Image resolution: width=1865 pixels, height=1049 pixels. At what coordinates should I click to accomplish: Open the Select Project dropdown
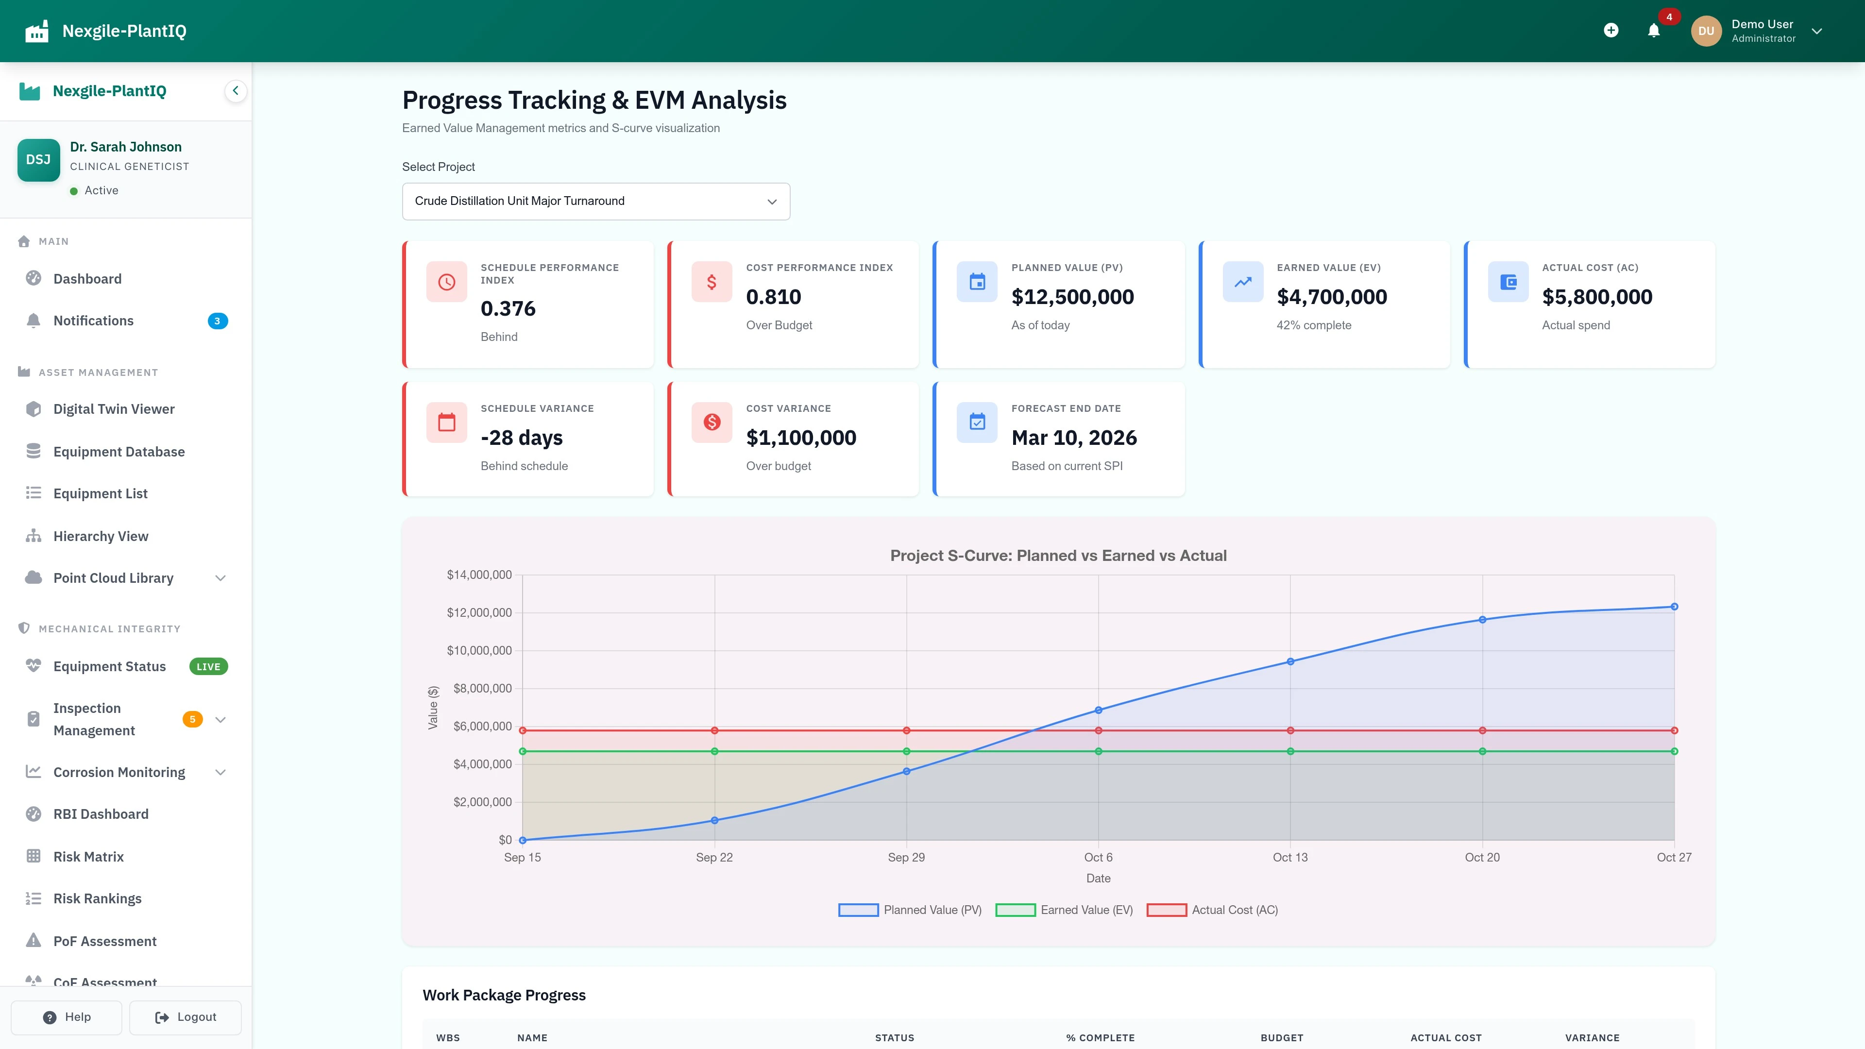pos(595,201)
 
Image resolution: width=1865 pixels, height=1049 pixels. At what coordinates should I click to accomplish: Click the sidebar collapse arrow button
pos(235,91)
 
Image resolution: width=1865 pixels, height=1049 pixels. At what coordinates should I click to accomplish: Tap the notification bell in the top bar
pos(1654,31)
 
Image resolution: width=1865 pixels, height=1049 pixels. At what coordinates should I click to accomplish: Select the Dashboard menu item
pos(87,279)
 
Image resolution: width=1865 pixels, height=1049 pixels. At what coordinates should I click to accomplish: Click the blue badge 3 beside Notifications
pos(217,321)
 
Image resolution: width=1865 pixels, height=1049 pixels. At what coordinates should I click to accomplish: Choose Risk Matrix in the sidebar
pos(88,856)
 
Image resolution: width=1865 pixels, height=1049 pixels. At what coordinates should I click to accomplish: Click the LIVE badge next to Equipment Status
pos(208,667)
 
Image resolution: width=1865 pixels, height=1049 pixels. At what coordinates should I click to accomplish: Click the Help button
pos(67,1017)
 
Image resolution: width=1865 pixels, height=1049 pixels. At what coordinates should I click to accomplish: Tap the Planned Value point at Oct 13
pos(1290,661)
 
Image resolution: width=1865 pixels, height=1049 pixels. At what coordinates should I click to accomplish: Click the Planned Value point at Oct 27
pos(1674,607)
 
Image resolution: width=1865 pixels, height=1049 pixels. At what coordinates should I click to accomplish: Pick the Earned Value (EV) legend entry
pos(1064,910)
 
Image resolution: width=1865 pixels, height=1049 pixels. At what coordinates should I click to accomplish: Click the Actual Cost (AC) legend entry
pos(1213,910)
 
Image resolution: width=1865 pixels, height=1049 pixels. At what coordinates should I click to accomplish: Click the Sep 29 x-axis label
pos(906,857)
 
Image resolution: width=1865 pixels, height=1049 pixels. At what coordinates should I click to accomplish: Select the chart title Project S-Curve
pos(1058,555)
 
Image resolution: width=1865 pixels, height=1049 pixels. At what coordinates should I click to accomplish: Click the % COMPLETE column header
pos(1100,1037)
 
